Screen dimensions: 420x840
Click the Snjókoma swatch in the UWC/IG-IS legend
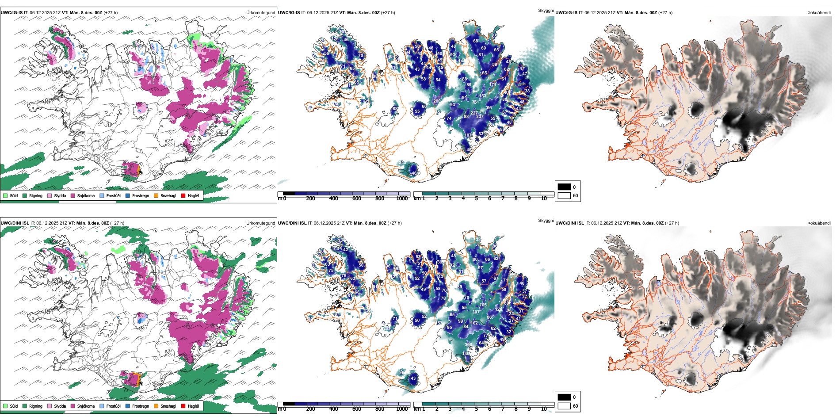pos(73,195)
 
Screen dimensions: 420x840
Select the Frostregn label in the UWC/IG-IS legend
pos(141,195)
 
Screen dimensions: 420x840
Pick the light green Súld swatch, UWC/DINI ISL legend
pos(5,406)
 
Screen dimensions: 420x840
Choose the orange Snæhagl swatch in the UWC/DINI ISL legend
pos(156,406)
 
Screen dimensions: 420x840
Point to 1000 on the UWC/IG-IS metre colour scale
pos(402,199)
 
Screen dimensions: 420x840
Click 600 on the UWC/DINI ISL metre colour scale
pos(356,409)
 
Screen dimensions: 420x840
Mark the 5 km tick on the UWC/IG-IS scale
pos(476,199)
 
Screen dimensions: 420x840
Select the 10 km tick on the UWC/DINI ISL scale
pos(544,409)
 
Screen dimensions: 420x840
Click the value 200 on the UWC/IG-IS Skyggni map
pos(437,101)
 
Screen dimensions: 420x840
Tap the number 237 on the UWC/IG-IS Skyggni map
pos(480,117)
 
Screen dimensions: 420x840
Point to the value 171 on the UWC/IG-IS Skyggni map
pos(493,84)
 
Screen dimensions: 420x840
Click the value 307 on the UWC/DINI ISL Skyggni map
pos(476,312)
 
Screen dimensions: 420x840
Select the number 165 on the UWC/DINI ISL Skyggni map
pos(483,305)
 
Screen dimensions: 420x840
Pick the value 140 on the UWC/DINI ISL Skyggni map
pos(466,354)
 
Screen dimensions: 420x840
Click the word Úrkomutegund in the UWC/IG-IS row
pos(260,13)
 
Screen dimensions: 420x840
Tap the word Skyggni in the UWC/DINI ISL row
pos(546,221)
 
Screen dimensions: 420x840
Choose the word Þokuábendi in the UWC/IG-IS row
pos(819,13)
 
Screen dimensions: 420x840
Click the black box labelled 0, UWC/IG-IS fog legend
pos(564,187)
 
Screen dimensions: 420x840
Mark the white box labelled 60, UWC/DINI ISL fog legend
pos(564,406)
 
